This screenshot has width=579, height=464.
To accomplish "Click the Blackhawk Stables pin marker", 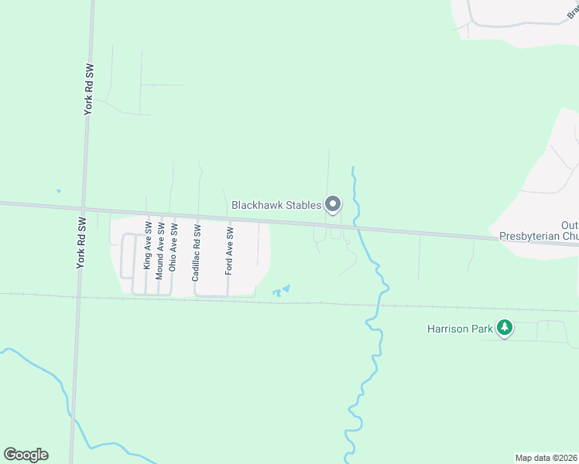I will point(333,204).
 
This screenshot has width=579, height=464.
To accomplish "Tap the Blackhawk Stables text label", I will point(276,205).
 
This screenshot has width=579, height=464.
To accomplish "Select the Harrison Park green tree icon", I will point(505,328).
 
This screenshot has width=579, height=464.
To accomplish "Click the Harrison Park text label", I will point(460,329).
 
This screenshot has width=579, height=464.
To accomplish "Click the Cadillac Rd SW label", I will point(197,252).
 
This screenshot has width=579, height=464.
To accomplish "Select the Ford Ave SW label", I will point(229,251).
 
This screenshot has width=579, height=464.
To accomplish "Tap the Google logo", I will point(26,455).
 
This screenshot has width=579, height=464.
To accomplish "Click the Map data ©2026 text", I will point(546,458).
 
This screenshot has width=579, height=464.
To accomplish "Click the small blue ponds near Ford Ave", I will point(280,292).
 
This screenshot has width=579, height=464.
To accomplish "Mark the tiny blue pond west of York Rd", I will point(58,191).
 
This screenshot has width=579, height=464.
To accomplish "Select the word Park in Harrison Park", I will point(481,329).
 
